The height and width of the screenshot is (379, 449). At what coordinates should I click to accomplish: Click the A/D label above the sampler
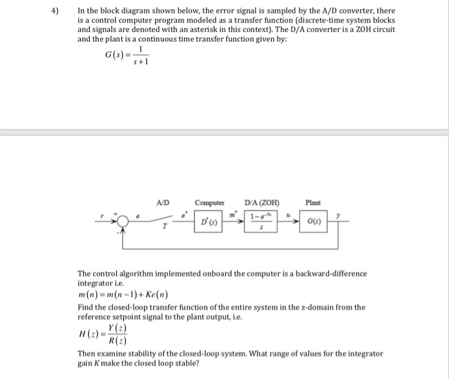coord(163,203)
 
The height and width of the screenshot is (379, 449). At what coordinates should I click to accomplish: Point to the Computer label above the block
coord(209,203)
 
